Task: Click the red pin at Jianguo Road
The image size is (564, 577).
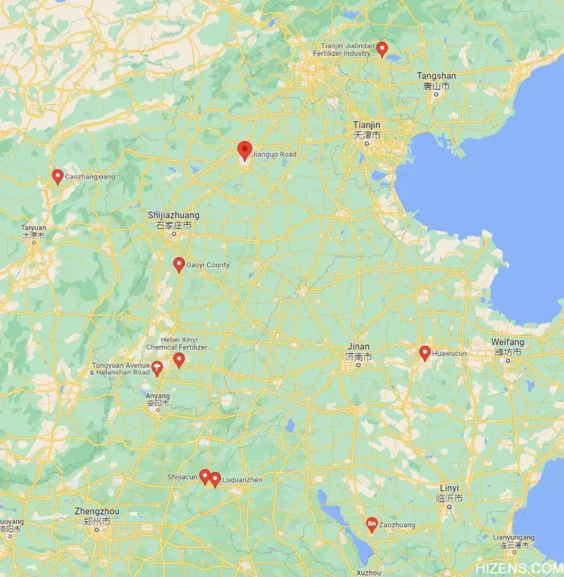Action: coord(245,150)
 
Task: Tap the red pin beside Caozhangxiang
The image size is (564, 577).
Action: coord(57,175)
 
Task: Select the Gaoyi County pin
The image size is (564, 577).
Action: coord(178,264)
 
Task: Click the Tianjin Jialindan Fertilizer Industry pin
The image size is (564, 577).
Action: coord(382,48)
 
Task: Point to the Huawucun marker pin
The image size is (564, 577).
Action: coord(424,352)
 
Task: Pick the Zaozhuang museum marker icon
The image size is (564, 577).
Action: coord(372,524)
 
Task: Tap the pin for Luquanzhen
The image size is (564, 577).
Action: coord(215,479)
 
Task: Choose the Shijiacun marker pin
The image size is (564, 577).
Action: coord(205,476)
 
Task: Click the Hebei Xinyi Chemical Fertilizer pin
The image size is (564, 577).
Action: coord(179,359)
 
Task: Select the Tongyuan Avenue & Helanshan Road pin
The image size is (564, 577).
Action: coord(157,369)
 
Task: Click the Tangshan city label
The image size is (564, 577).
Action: coord(436,76)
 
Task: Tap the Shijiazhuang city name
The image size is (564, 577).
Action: coord(173,215)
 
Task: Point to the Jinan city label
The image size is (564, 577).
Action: coord(359,347)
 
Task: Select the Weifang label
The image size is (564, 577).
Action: coord(507,343)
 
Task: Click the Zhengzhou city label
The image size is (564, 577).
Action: coord(97,511)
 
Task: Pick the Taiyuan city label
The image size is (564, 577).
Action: coord(34,228)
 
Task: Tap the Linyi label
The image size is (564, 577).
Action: coord(449,488)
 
